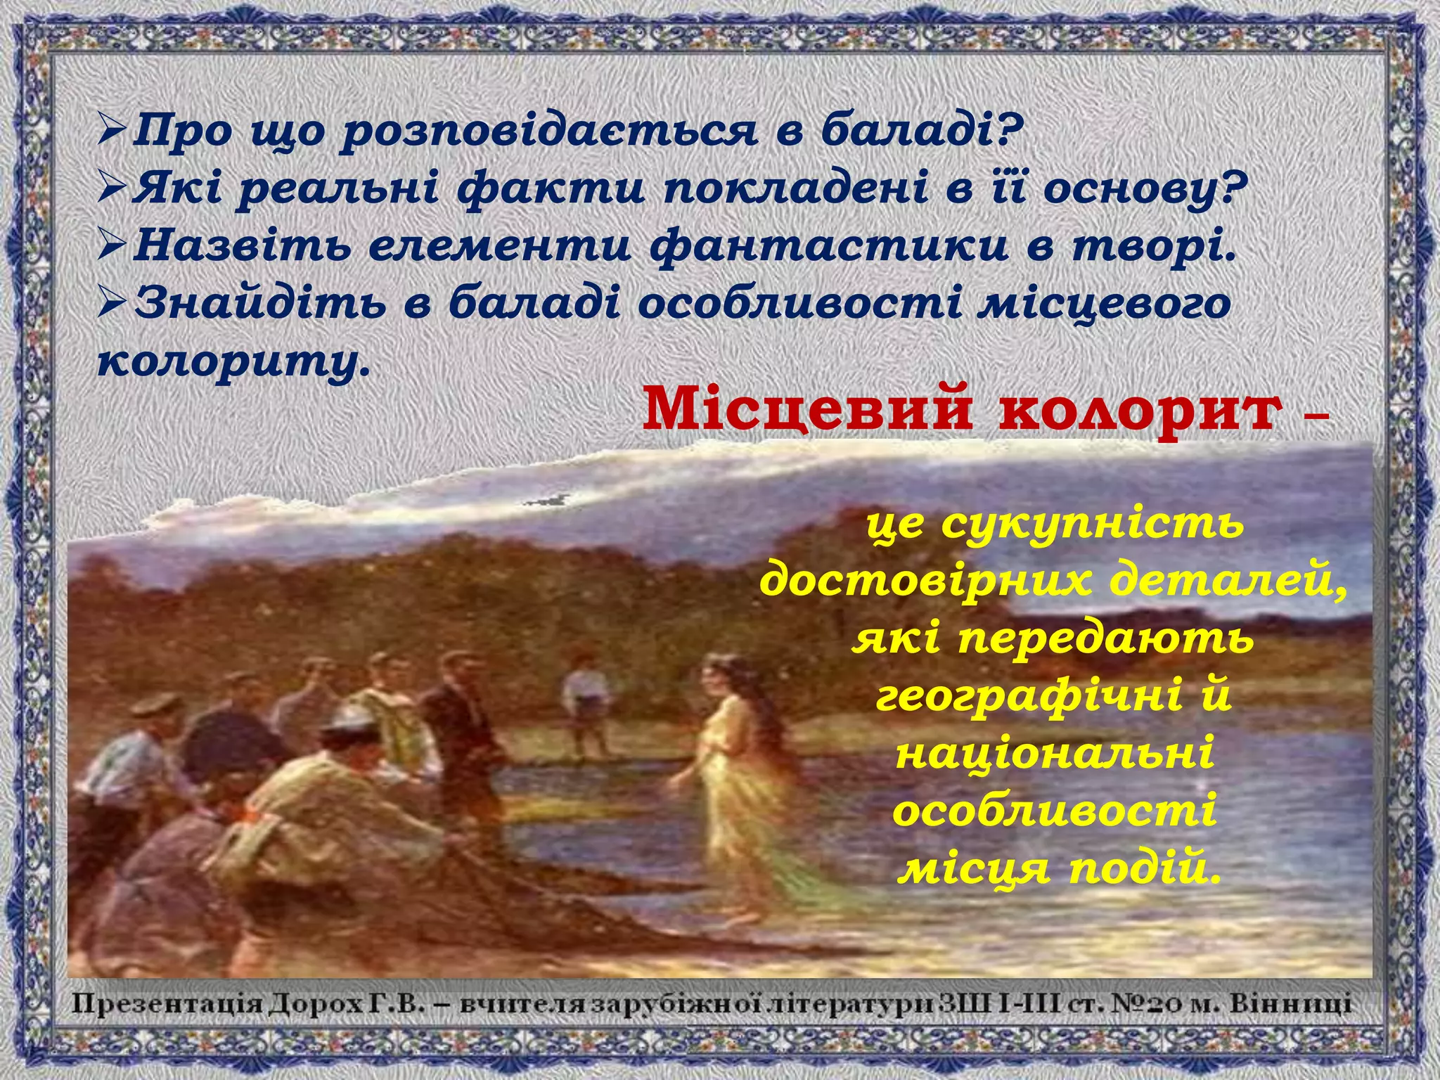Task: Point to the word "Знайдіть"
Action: (x=261, y=304)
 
